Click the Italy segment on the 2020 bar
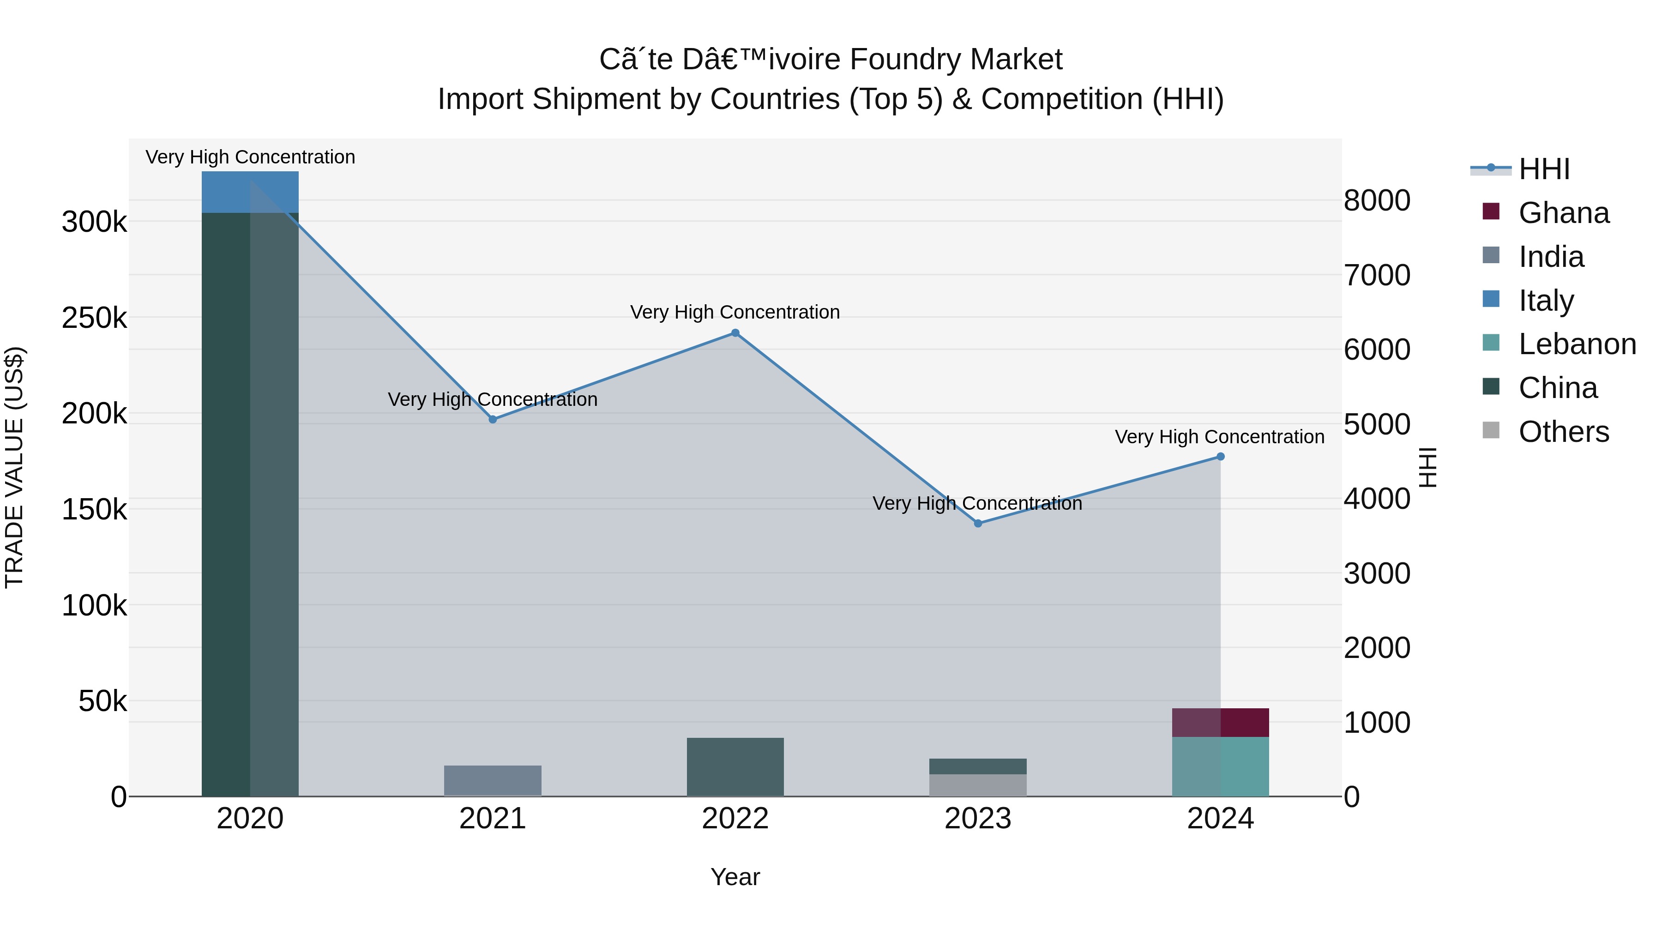coord(250,192)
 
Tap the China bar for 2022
coord(735,766)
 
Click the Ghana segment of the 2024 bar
coord(1220,722)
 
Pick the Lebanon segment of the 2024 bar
coord(1220,766)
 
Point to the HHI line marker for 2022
coord(735,333)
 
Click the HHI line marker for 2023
coord(977,523)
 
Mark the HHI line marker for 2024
coord(1220,456)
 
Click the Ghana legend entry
coord(1563,213)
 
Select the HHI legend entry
coord(1543,169)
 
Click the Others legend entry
coord(1563,432)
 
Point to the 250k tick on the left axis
coord(94,318)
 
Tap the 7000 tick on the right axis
coord(1376,276)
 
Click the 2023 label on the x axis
coord(977,819)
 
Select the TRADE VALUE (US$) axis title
coord(14,467)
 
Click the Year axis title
coord(735,877)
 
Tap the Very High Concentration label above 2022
coord(735,312)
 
